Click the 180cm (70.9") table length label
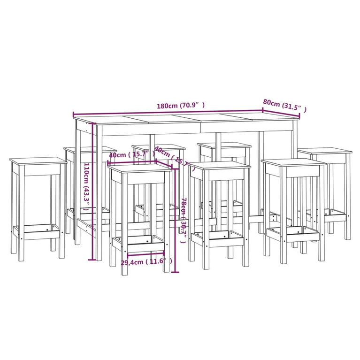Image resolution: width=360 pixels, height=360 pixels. [181, 106]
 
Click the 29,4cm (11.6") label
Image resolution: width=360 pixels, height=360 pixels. [146, 261]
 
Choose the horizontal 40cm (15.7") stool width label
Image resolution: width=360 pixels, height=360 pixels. [131, 154]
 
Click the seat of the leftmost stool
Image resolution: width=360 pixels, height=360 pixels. [38, 161]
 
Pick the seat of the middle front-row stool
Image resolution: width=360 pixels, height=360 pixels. [220, 165]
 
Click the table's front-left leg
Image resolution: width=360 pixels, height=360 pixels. [99, 197]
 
